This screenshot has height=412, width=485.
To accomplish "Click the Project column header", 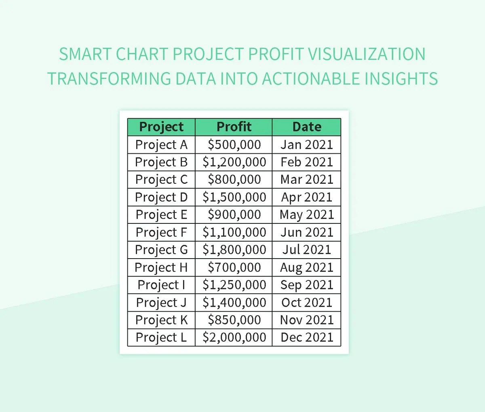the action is [x=161, y=127].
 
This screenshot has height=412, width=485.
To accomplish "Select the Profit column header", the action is [x=234, y=127].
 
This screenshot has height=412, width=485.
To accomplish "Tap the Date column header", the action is [x=306, y=127].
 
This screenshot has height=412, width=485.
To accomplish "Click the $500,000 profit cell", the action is [x=234, y=144].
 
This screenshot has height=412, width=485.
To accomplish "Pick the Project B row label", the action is [x=161, y=162].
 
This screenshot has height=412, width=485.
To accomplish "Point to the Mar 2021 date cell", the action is [x=307, y=180].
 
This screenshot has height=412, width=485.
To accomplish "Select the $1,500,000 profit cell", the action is [x=234, y=197].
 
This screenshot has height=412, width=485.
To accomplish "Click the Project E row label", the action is [x=161, y=214].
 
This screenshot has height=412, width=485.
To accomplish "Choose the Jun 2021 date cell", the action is [x=307, y=232].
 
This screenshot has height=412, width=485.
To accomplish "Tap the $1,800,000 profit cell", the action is [x=234, y=250].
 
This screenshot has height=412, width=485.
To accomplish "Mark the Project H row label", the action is [x=161, y=267].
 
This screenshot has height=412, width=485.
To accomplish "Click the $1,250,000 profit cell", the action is [x=234, y=285].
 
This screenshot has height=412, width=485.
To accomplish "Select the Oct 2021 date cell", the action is [x=307, y=302].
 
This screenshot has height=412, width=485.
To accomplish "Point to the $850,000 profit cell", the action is [x=234, y=320].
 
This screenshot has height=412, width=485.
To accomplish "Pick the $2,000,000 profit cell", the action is [x=234, y=337].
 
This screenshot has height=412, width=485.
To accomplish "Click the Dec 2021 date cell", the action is [x=307, y=337].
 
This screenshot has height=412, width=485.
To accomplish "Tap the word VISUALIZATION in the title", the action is [x=367, y=54].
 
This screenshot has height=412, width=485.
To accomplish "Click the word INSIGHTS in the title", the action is [x=401, y=78].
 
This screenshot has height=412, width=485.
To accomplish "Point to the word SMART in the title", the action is [x=85, y=54].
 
